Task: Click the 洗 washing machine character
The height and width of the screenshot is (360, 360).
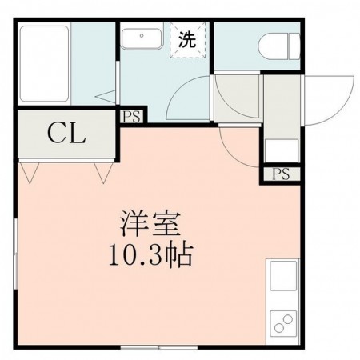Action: (186, 41)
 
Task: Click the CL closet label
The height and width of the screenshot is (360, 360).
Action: (66, 133)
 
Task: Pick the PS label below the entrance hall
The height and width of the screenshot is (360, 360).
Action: (280, 174)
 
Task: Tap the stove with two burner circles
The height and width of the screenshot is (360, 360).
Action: (284, 324)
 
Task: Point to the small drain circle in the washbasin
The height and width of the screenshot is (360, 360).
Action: (142, 36)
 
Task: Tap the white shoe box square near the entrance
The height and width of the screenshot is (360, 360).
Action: (281, 150)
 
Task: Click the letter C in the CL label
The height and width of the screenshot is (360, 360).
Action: (55, 133)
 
